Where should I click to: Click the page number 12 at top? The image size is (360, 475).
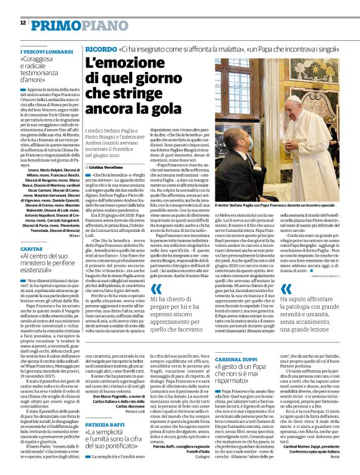[22, 23]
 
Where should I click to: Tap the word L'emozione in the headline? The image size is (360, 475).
[120, 63]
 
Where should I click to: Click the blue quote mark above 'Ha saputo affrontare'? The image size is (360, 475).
[286, 288]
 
